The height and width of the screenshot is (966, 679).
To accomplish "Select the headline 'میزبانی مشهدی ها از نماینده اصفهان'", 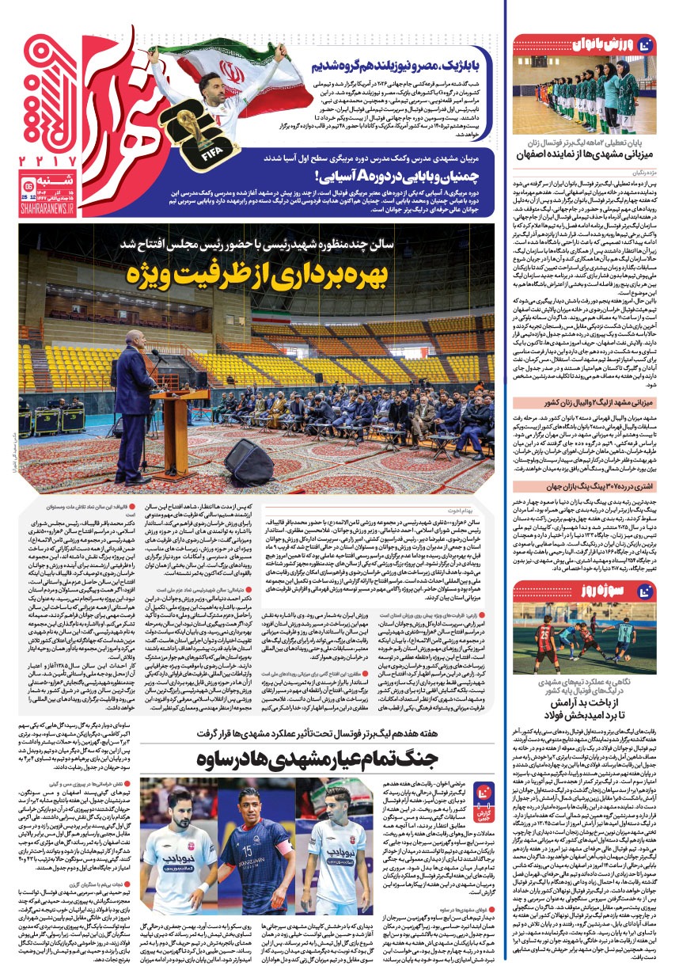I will [x=585, y=176].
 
